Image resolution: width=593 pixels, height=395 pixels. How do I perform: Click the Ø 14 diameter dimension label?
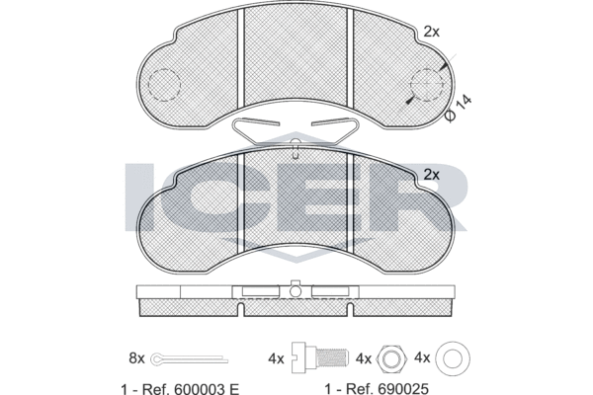tap(460, 109)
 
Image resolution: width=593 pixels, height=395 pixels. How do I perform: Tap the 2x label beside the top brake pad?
tap(432, 33)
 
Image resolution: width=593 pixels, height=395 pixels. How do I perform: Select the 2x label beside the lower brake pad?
tap(432, 175)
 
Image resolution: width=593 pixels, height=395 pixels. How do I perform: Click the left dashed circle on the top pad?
tap(164, 86)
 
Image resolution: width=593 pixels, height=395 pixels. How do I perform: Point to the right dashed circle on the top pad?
tap(427, 86)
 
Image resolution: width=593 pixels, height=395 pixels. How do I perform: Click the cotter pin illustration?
tap(189, 358)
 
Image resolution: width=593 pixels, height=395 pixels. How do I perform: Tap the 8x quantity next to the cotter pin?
tap(137, 357)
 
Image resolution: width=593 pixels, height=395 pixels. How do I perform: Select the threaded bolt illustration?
tap(320, 357)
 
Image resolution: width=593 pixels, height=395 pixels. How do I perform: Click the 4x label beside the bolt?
tap(276, 358)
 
